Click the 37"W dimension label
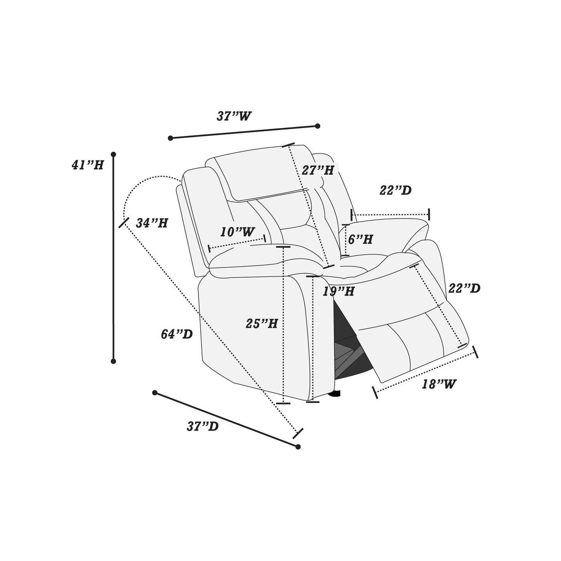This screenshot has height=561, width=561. (234, 116)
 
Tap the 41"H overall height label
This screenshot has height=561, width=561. (88, 165)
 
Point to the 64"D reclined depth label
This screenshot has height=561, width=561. (177, 334)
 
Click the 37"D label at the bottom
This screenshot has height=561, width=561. (203, 426)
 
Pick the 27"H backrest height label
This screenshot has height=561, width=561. (318, 170)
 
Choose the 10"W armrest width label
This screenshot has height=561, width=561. (237, 232)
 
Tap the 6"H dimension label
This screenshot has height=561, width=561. (360, 239)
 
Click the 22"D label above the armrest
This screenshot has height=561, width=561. (396, 190)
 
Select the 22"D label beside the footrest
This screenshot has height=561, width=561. (464, 288)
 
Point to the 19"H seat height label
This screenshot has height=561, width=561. (339, 291)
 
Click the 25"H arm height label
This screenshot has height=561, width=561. (262, 323)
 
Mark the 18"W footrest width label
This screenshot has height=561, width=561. (439, 384)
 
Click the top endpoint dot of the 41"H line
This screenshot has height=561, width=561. (113, 154)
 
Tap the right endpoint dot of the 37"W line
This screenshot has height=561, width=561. (317, 126)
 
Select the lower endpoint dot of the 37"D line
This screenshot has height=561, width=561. (298, 447)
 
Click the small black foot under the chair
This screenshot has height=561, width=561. (334, 394)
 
